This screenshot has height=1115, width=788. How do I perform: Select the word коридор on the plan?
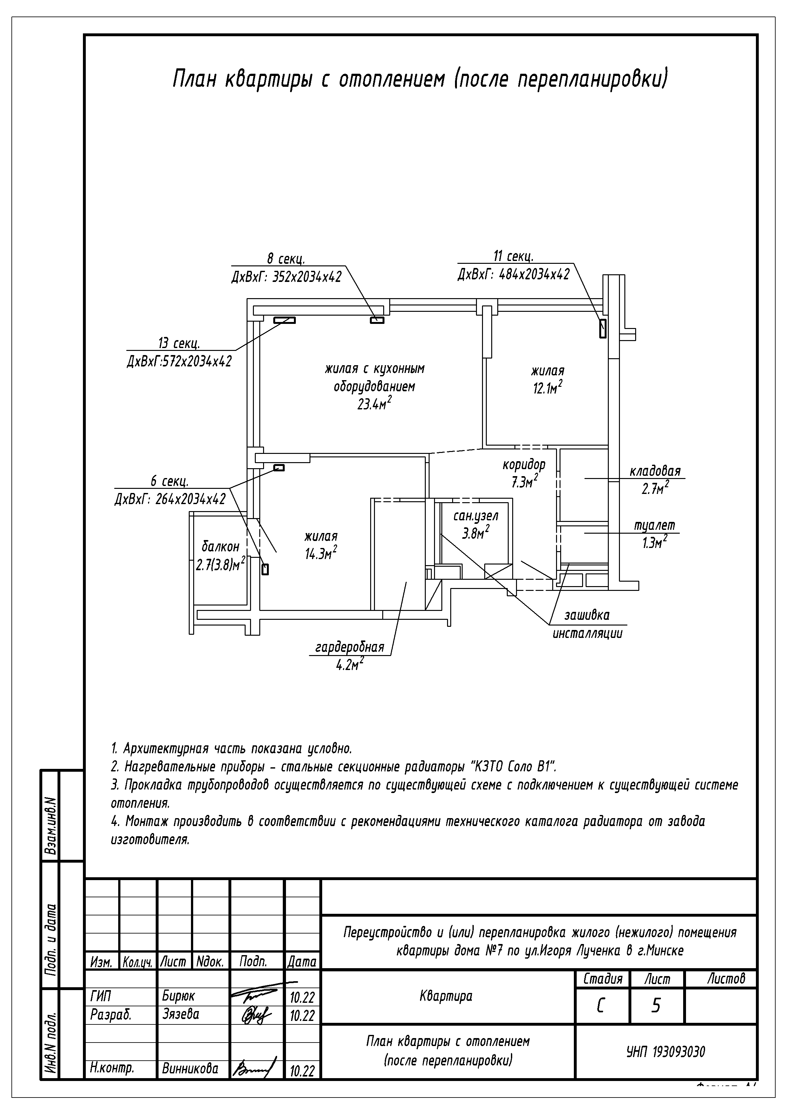524,465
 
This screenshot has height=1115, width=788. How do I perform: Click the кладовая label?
655,471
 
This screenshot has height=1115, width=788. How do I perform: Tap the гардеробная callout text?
350,647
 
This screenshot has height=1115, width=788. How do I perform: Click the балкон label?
221,546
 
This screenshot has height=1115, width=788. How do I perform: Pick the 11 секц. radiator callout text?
513,257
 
